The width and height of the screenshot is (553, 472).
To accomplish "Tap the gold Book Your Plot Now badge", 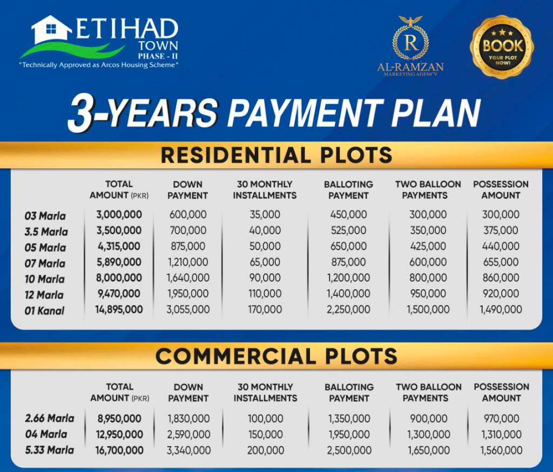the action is click(x=502, y=47).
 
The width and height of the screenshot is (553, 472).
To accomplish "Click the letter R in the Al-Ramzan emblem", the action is click(x=411, y=43).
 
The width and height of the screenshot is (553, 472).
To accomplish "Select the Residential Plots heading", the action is click(x=276, y=155).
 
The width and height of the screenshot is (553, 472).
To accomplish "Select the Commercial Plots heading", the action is click(x=276, y=356).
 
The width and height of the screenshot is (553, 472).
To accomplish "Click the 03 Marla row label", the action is click(x=45, y=216).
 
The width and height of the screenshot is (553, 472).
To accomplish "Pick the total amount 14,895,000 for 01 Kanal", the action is click(x=119, y=310).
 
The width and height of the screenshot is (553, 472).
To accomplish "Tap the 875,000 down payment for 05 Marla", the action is click(x=188, y=246).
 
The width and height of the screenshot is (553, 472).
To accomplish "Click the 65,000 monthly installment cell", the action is click(x=265, y=262).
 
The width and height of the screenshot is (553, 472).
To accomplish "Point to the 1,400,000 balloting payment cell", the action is click(x=348, y=294).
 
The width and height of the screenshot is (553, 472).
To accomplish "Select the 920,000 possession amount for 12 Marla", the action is click(x=501, y=294).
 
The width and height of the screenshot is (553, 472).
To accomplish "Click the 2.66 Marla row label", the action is click(x=49, y=418).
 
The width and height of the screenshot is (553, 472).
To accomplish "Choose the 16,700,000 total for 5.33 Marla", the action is click(x=119, y=450).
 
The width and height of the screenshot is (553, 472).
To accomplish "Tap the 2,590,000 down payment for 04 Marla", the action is click(x=188, y=435).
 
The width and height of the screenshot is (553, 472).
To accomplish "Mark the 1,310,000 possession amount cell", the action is click(x=501, y=435).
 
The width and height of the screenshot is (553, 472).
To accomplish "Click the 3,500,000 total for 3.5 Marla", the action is click(x=119, y=230).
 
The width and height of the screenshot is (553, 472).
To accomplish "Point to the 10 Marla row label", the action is click(x=44, y=279).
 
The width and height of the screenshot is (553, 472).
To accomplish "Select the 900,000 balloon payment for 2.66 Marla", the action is click(x=429, y=418).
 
